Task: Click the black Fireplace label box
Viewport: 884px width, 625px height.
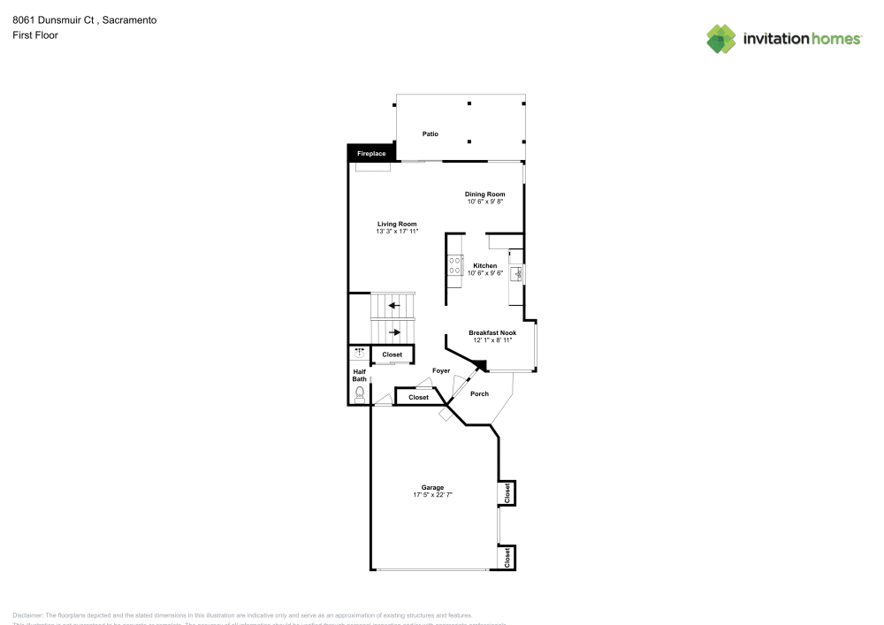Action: coord(370,154)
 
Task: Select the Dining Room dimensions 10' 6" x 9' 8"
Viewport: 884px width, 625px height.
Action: coord(485,202)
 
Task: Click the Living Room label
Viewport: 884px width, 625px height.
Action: coord(397,224)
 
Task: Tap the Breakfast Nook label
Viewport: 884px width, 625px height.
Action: coord(492,332)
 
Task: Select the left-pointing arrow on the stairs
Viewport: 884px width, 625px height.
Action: coord(393,306)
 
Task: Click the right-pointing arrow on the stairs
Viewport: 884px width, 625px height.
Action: coord(394,332)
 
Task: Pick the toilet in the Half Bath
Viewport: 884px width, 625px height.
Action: coord(359,394)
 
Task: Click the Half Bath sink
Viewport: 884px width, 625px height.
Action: coord(359,354)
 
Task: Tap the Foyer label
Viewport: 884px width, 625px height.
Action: coord(441,370)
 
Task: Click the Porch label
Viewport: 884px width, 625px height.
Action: coord(479,393)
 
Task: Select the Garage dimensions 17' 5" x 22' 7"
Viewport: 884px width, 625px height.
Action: coord(432,495)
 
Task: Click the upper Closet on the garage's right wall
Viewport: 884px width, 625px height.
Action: coord(507,492)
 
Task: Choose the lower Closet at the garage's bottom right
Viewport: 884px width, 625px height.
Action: coord(507,558)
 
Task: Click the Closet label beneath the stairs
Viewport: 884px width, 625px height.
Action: coord(392,354)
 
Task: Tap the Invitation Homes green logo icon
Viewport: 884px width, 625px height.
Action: coord(721,38)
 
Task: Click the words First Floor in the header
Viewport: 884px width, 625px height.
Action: coord(35,35)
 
